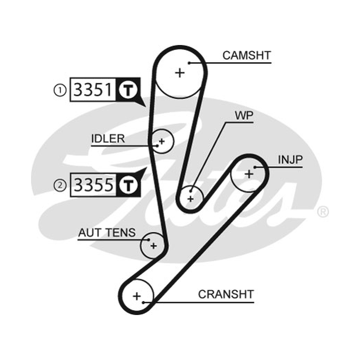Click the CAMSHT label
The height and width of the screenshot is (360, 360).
coord(247,55)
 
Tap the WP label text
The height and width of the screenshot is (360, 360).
coord(244,116)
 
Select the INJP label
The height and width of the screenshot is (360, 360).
coord(290,160)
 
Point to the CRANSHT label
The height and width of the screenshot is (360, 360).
coord(226,294)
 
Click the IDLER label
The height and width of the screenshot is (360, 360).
coord(108,139)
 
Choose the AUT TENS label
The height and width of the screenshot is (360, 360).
coord(107,233)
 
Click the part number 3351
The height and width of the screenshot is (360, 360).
coord(93,90)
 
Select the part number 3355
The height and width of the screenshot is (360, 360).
coord(94,185)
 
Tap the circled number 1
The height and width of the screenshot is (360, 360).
coord(60,90)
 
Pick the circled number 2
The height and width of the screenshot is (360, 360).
coord(60,185)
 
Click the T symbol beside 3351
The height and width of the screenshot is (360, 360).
coord(128,90)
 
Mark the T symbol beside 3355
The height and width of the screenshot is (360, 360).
coord(128,185)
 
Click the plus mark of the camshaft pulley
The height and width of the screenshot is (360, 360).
coord(180,73)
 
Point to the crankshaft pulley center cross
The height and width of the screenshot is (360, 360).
coord(137,296)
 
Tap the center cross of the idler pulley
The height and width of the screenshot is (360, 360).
coord(162,141)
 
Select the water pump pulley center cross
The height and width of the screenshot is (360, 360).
coord(190,198)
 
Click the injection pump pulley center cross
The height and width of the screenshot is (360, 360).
coord(249,174)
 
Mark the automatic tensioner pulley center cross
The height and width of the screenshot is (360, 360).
coord(153,246)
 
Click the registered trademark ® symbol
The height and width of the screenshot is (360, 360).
coord(323,212)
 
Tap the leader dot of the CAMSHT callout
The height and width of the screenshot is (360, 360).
coord(189,63)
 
